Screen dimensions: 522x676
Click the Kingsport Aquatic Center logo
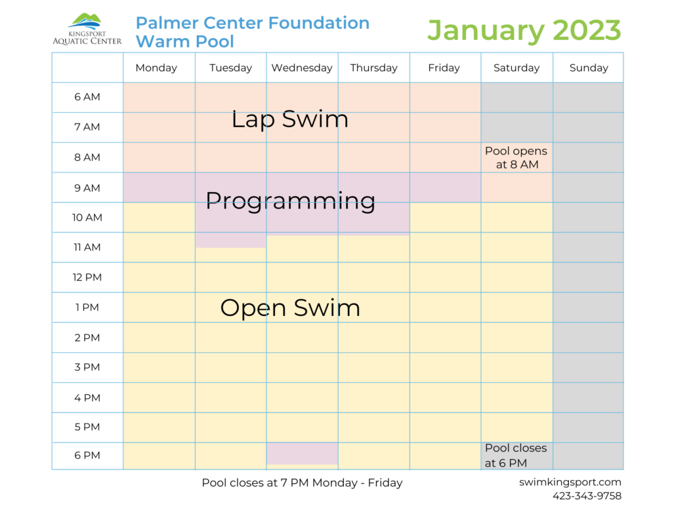87,30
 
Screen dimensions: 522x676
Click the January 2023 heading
524,30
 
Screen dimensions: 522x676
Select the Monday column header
156,68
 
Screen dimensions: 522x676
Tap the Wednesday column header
302,68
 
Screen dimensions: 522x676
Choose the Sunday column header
589,68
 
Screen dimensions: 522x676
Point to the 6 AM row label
87,97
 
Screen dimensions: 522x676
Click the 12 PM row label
87,277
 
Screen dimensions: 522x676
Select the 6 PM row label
87,456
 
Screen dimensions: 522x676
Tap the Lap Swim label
289,119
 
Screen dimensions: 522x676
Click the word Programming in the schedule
290,200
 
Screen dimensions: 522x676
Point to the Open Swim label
290,308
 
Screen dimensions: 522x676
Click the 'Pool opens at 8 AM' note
516,157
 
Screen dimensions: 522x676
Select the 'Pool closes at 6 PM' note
516,455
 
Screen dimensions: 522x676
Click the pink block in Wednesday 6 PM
302,453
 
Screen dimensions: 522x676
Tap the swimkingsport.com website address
570,482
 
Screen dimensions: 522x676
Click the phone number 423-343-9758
587,496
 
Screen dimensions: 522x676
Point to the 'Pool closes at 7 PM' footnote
302,483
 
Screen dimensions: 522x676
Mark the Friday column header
444,68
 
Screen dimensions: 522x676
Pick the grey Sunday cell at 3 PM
589,367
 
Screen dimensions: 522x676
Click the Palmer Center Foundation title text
253,23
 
